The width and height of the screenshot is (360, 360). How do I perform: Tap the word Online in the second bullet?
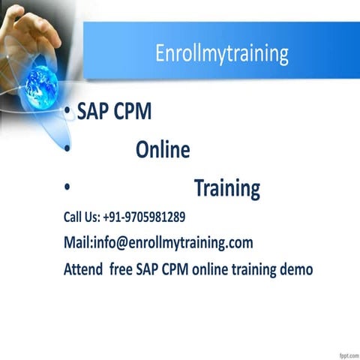pyautogui.click(x=163, y=151)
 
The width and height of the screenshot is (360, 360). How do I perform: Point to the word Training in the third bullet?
pyautogui.click(x=227, y=188)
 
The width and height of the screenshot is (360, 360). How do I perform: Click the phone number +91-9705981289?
pyautogui.click(x=144, y=217)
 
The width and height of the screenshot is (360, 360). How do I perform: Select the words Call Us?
pyautogui.click(x=81, y=217)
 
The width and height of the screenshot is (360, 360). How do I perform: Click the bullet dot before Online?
pyautogui.click(x=67, y=151)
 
